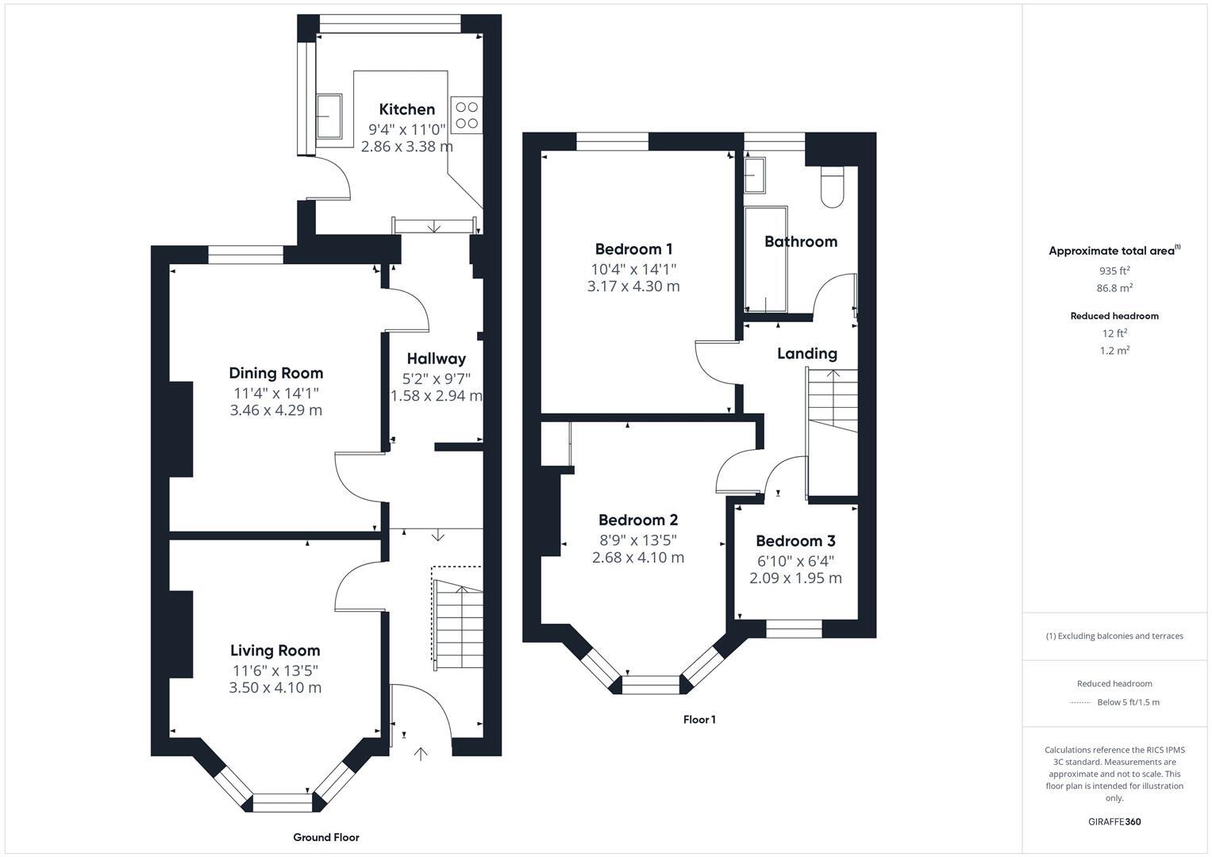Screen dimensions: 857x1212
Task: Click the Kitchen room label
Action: pos(406,110)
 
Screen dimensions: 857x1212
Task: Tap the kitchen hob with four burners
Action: pos(466,114)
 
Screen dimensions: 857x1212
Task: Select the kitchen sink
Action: pos(329,116)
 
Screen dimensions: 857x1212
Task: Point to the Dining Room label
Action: pos(275,373)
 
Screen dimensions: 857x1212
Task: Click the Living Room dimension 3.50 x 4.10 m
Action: pos(275,688)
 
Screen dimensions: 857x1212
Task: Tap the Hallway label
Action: pos(436,359)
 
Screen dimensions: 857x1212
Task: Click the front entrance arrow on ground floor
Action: pos(421,753)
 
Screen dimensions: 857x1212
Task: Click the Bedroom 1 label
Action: pos(633,249)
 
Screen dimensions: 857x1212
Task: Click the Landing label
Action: pos(806,354)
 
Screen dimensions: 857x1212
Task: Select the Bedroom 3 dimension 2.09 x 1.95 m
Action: pos(795,578)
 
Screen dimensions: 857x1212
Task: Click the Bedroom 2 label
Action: pos(637,521)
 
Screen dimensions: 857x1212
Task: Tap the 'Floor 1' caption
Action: pos(699,720)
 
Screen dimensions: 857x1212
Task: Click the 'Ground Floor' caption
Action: pos(325,837)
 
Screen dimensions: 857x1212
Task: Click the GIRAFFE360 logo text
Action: pos(1114,822)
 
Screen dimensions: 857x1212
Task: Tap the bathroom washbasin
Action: pos(754,175)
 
